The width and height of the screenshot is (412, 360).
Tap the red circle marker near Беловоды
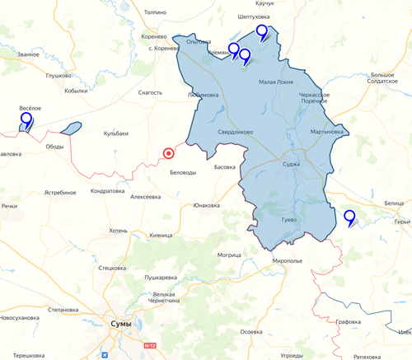[169, 152]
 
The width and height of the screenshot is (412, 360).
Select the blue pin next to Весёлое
[26, 120]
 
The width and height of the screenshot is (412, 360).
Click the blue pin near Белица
[349, 217]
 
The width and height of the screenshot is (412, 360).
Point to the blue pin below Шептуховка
[262, 32]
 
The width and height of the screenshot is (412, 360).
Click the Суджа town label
[292, 164]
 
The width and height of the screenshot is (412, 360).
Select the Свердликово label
[235, 131]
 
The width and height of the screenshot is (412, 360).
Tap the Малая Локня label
[277, 82]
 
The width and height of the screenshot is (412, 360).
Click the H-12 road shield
[149, 345]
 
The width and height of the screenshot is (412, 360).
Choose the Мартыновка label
[327, 131]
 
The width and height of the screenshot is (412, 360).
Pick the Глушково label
[59, 75]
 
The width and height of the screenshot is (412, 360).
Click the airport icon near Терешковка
[105, 355]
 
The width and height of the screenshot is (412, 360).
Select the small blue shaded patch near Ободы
[71, 128]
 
